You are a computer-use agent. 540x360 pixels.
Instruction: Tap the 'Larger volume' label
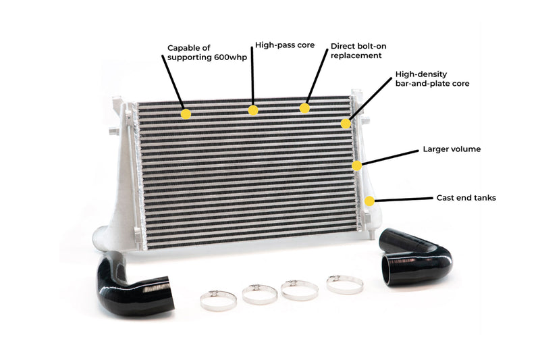452,149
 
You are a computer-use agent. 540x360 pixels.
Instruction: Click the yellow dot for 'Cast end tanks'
369,201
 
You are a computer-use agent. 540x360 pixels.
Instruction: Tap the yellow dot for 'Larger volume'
357,165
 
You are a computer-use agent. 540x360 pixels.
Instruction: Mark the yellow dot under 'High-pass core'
253,109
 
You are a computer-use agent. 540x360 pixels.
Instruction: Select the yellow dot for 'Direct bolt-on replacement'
304,108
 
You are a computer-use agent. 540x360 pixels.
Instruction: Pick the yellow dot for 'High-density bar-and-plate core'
346,124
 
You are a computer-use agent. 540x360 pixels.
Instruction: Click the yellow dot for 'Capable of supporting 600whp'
186,114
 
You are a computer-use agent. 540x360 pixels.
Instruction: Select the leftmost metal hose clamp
218,299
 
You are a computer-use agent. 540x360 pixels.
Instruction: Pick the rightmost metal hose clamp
344,283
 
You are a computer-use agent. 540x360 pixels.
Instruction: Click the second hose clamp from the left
259,293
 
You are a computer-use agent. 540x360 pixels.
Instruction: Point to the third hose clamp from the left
299,289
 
